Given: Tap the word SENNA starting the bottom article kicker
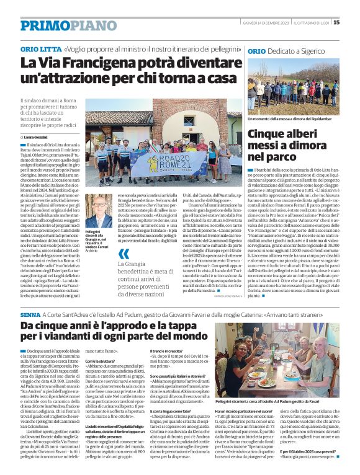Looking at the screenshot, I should pyautogui.click(x=30, y=316).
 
